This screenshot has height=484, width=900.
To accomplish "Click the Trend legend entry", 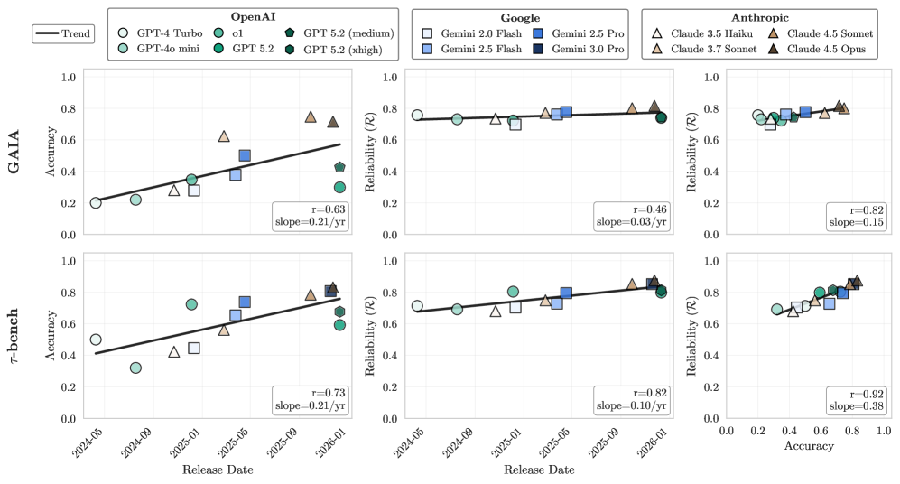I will [x=63, y=34].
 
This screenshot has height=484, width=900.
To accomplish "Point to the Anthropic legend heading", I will [x=759, y=16].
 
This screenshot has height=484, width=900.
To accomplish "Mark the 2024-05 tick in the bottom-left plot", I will [x=94, y=440].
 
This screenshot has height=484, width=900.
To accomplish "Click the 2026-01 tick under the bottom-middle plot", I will [x=657, y=440].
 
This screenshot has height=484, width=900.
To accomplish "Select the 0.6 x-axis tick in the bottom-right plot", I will [x=821, y=433].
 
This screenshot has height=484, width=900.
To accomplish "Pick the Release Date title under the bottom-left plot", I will [x=217, y=470].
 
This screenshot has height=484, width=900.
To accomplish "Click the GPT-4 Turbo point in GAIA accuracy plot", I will [x=96, y=202].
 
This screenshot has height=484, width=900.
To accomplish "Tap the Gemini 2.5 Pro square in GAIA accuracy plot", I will [x=245, y=155].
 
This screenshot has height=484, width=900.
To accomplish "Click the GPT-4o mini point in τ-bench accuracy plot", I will [x=135, y=368].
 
